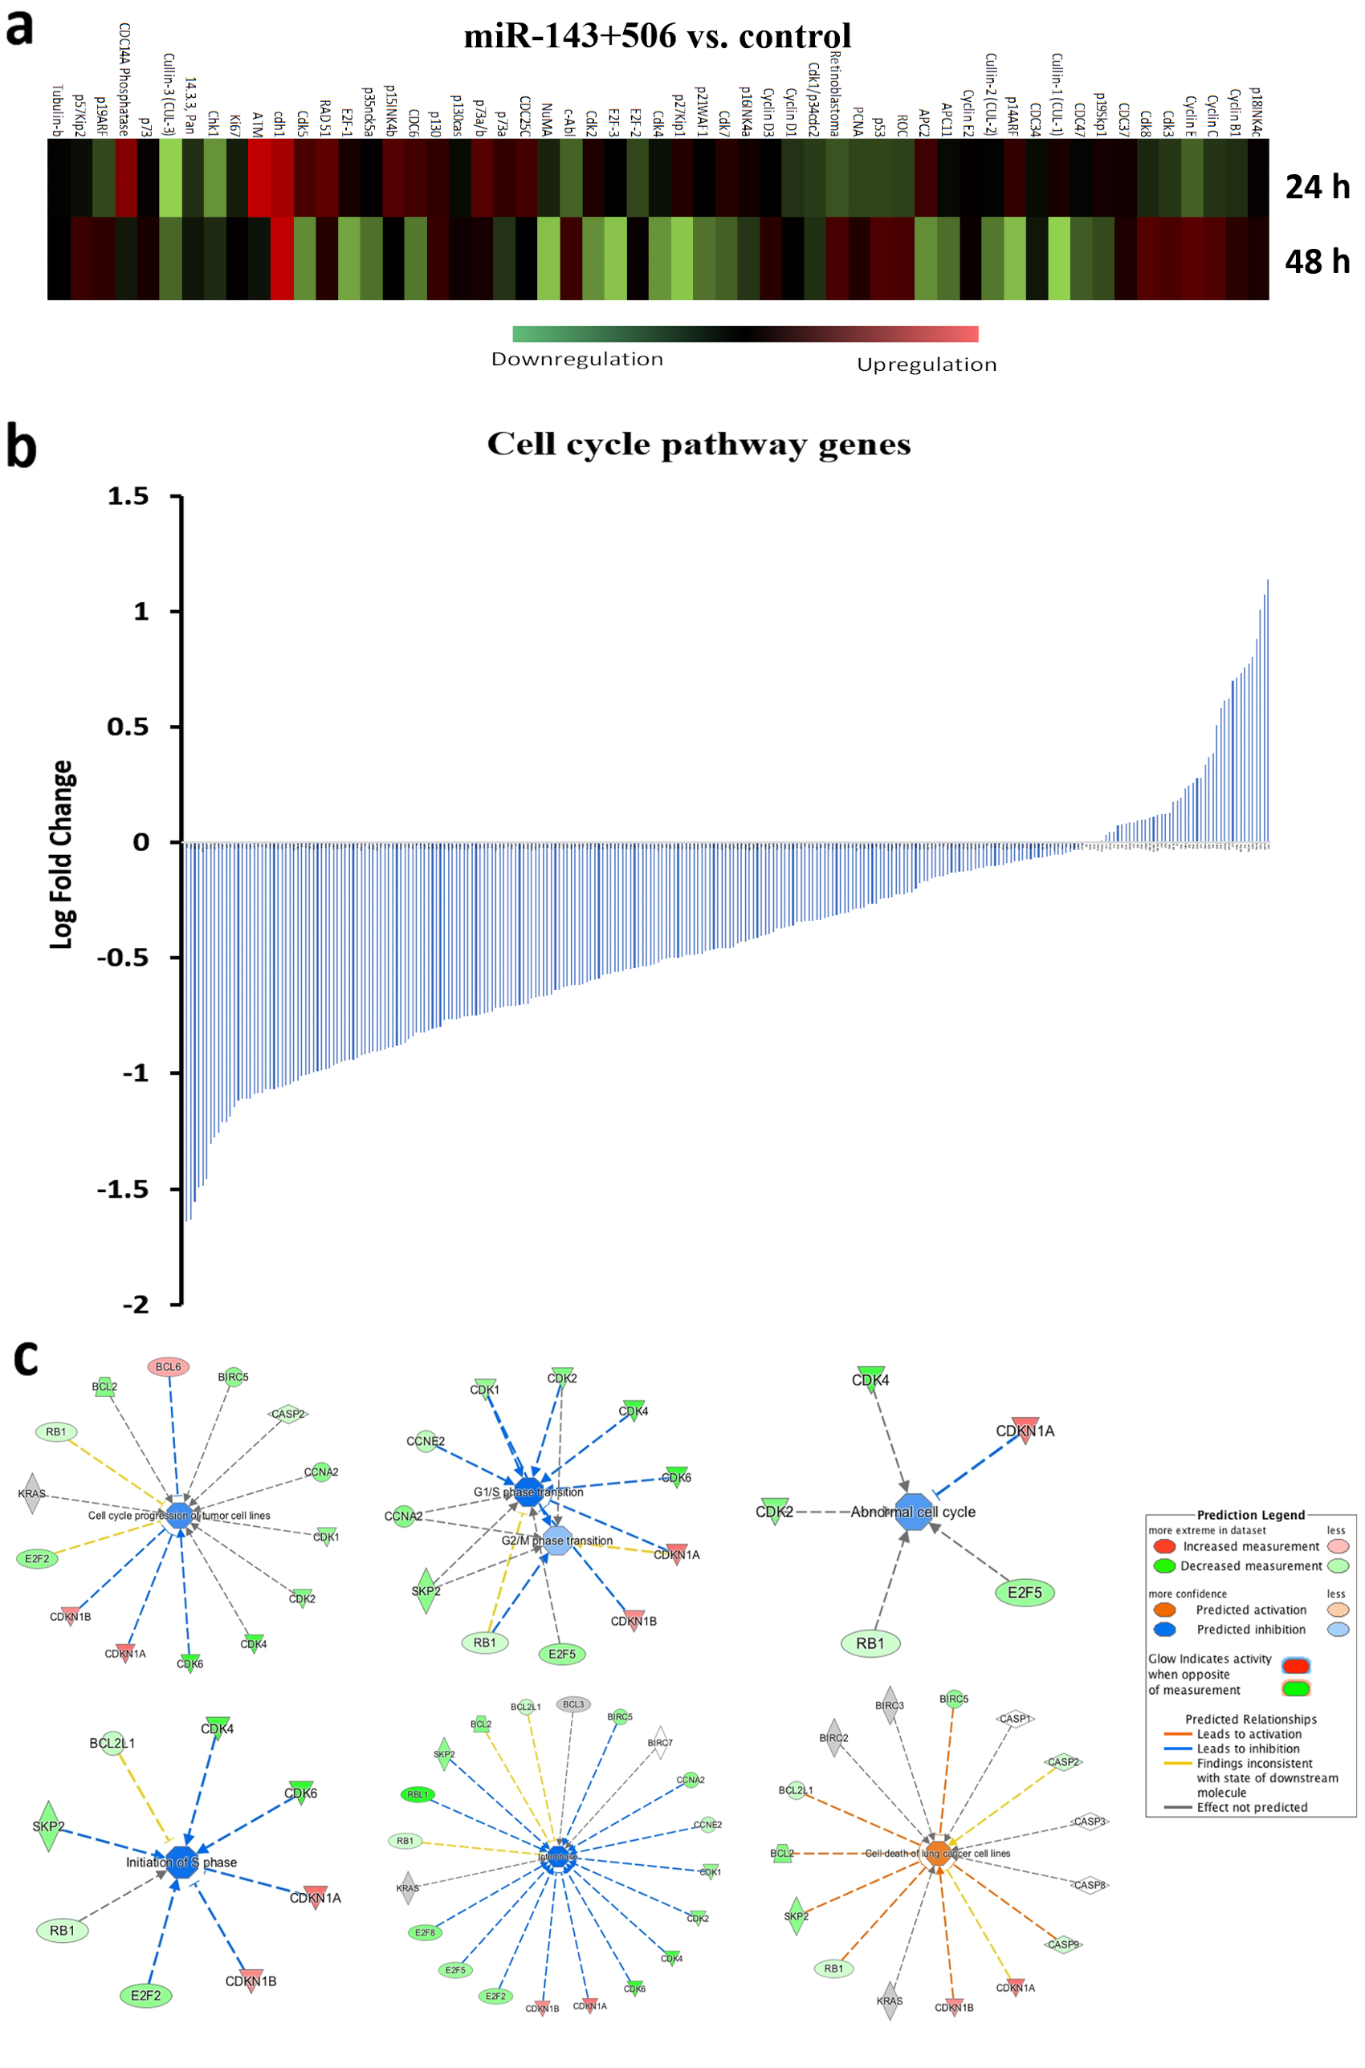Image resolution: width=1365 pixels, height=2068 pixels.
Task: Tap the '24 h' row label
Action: click(x=1316, y=187)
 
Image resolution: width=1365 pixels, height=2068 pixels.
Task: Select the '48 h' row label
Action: click(x=1316, y=262)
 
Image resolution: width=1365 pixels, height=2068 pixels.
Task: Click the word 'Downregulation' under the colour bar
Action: click(x=577, y=360)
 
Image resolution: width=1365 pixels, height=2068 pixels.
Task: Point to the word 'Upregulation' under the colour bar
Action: click(x=927, y=364)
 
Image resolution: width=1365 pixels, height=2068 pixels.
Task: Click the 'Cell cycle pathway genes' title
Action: click(x=699, y=444)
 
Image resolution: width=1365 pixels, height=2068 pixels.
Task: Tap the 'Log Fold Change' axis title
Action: click(x=62, y=855)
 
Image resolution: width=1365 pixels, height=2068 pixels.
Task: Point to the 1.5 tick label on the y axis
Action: click(x=127, y=496)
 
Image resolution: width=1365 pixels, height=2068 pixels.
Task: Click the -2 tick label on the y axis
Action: click(x=135, y=1304)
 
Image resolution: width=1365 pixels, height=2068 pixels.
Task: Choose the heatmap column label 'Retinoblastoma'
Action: click(x=835, y=94)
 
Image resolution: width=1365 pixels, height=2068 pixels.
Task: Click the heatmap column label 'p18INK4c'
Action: click(x=1255, y=112)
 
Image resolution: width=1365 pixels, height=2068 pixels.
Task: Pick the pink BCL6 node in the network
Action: click(x=168, y=1366)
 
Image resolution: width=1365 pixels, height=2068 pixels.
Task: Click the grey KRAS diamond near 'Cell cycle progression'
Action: click(x=32, y=1493)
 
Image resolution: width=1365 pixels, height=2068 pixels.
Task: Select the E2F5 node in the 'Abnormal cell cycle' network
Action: click(x=1025, y=1593)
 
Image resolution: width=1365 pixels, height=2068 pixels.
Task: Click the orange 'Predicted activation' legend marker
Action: click(x=1164, y=1610)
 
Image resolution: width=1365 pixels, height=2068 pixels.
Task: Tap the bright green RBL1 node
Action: click(x=418, y=1793)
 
